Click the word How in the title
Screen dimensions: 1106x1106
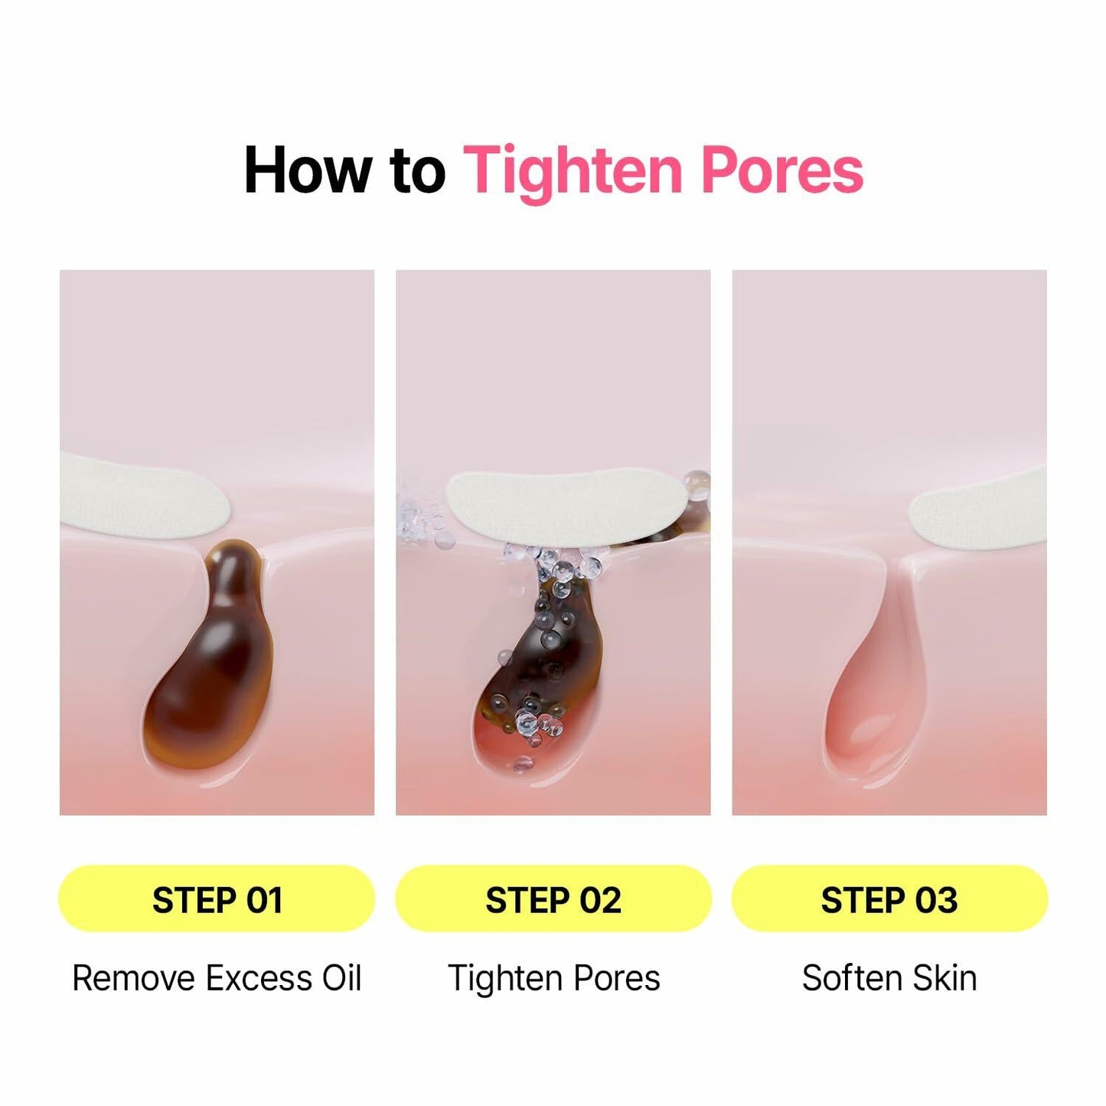coord(305,170)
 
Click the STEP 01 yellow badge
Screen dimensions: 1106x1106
coord(217,899)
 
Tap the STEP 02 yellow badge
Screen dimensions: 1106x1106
coord(553,899)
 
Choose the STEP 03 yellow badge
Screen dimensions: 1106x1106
coord(889,899)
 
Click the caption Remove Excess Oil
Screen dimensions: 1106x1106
coord(217,978)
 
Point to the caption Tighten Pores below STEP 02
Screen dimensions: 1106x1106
coord(554,979)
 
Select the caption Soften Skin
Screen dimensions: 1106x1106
coord(889,978)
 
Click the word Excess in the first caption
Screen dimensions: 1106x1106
coord(258,978)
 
